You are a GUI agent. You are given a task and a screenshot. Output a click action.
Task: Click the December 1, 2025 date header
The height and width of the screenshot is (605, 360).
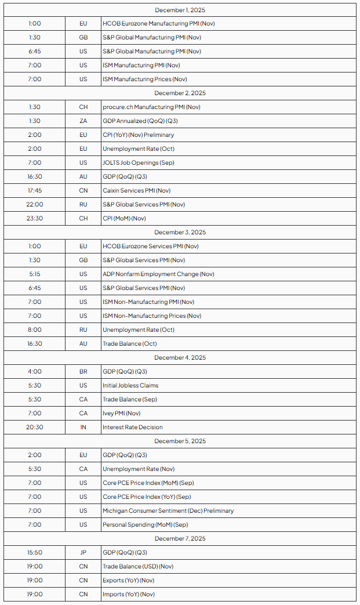tap(180, 10)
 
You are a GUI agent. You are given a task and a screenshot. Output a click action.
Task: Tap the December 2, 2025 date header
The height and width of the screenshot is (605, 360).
tap(180, 93)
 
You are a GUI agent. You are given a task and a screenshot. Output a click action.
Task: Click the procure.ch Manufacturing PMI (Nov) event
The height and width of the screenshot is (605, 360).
tap(151, 107)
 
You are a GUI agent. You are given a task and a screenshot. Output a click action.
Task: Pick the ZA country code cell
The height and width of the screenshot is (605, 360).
tap(83, 121)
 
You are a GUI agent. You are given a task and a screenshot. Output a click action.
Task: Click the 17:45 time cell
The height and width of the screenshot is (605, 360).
tap(35, 191)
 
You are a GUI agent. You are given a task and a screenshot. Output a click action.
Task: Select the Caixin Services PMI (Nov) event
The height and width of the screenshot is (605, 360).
tap(136, 191)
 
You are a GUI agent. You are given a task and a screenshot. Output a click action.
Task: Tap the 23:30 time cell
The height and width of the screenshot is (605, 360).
tap(35, 219)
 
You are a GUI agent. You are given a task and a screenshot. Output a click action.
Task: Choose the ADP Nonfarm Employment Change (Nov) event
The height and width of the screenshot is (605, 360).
tap(158, 274)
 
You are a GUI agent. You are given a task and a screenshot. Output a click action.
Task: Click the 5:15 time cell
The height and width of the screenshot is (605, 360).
tap(35, 274)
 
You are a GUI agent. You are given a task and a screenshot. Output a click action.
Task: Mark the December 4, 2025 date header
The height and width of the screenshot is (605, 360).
tap(180, 358)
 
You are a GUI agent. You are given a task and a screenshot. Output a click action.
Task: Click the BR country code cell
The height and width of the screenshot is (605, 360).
tap(83, 372)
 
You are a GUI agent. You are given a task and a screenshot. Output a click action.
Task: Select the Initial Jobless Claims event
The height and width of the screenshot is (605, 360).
tap(130, 386)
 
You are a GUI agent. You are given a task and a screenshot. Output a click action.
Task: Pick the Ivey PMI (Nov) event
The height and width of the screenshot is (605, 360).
tap(122, 414)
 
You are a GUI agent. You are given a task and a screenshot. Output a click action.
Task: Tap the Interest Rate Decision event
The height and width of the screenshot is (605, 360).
tap(133, 428)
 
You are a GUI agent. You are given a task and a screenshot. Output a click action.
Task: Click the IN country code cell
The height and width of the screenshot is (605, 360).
tap(83, 428)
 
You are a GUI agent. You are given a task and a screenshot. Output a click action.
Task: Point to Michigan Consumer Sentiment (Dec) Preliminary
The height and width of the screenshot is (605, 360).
tap(168, 511)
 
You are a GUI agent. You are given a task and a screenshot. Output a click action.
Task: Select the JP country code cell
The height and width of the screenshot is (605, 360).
tap(83, 553)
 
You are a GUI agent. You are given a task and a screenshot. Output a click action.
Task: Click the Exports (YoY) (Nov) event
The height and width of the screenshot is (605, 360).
tap(129, 581)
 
